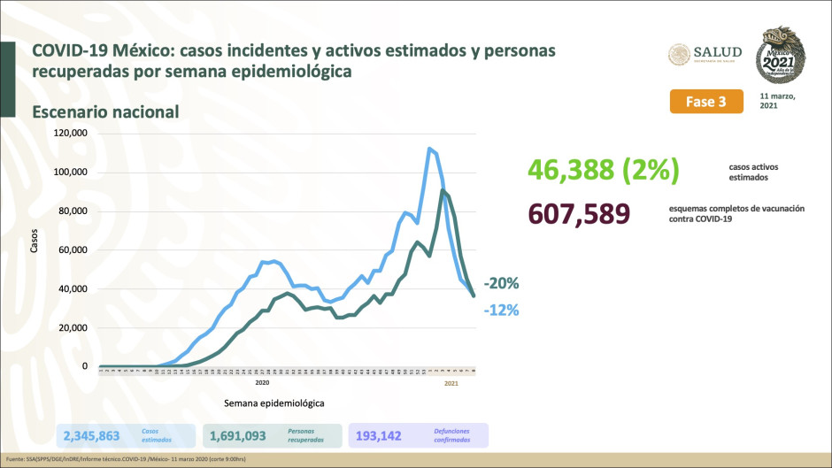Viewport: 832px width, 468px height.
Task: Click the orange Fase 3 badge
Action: pos(705,102)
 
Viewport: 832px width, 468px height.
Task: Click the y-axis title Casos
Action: pos(35,242)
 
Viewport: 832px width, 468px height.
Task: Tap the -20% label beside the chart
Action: pos(501,284)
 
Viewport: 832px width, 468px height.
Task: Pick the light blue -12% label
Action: pos(501,311)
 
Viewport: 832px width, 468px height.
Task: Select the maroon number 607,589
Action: pos(578,213)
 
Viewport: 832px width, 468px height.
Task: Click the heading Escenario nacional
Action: pos(106,111)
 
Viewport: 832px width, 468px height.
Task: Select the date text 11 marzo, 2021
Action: pos(778,100)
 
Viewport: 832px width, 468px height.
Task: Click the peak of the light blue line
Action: pos(429,149)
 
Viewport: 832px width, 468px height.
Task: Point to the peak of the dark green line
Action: pos(443,190)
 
